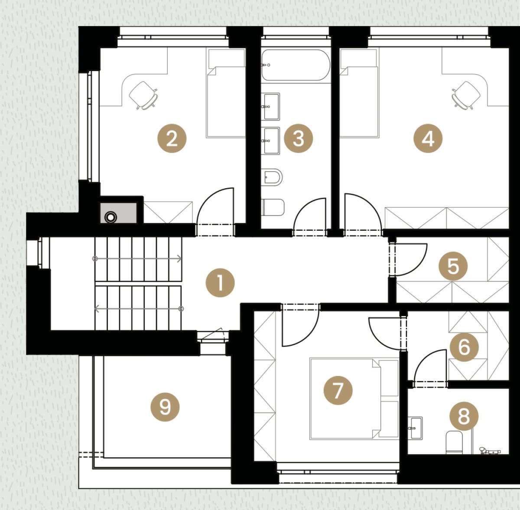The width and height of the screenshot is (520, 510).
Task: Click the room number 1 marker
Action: pos(220,283)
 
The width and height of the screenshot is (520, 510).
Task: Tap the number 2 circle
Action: pos(172,138)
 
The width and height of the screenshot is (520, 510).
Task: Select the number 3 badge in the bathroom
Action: pos(298,138)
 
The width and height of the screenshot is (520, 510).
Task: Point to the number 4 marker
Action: pos(428,138)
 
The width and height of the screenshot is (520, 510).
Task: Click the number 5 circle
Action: pos(453,266)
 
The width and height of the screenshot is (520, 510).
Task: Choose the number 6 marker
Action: pos(464,347)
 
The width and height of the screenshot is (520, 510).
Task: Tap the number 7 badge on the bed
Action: pos(338,390)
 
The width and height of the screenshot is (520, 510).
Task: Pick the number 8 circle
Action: pos(464,416)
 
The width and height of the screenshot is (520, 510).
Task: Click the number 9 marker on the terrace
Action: pos(165,407)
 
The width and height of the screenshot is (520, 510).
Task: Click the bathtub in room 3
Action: pos(296,65)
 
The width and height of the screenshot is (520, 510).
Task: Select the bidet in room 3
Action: pos(273,177)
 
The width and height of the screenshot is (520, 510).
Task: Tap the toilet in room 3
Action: pos(273,207)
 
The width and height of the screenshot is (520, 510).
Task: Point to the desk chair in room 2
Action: pos(143,95)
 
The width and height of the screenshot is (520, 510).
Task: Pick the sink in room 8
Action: pos(415,428)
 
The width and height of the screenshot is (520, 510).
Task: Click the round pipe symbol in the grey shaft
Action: pos(110,217)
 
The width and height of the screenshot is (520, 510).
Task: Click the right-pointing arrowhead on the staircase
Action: pos(179,258)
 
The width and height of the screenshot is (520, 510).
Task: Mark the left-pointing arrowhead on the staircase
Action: pos(96,308)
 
